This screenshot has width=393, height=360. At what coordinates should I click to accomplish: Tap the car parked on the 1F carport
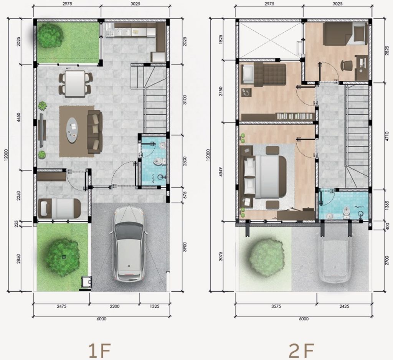128,243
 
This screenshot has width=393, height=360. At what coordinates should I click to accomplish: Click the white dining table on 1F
75,84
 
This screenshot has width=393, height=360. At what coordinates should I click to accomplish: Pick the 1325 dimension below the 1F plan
155,306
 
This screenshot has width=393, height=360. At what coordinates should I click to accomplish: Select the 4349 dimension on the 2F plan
220,172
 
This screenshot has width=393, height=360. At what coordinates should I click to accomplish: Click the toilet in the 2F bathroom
347,212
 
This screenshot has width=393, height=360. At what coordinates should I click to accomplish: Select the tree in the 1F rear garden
50,35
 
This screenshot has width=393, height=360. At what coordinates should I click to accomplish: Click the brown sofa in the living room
95,132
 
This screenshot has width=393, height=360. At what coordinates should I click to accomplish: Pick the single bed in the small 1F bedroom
59,208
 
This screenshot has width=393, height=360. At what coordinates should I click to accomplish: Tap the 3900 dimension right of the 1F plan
185,247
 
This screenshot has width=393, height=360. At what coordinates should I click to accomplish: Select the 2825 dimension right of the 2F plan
387,50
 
